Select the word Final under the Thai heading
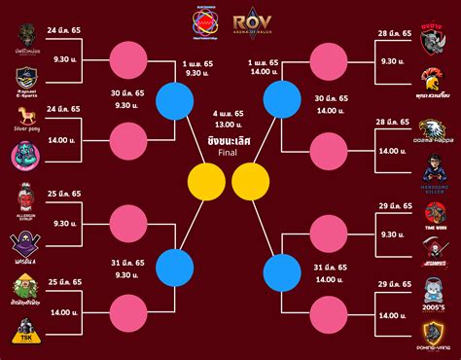pos(230,153)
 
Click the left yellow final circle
pos(206,180)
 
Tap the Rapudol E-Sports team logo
pos(27,82)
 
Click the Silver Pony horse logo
pos(27,121)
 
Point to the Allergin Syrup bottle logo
pos(27,202)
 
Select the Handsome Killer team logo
pos(435,166)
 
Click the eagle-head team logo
pos(435,130)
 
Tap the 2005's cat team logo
pos(435,289)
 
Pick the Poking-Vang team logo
pos(435,329)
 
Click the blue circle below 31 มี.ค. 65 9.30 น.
pos(176,264)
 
